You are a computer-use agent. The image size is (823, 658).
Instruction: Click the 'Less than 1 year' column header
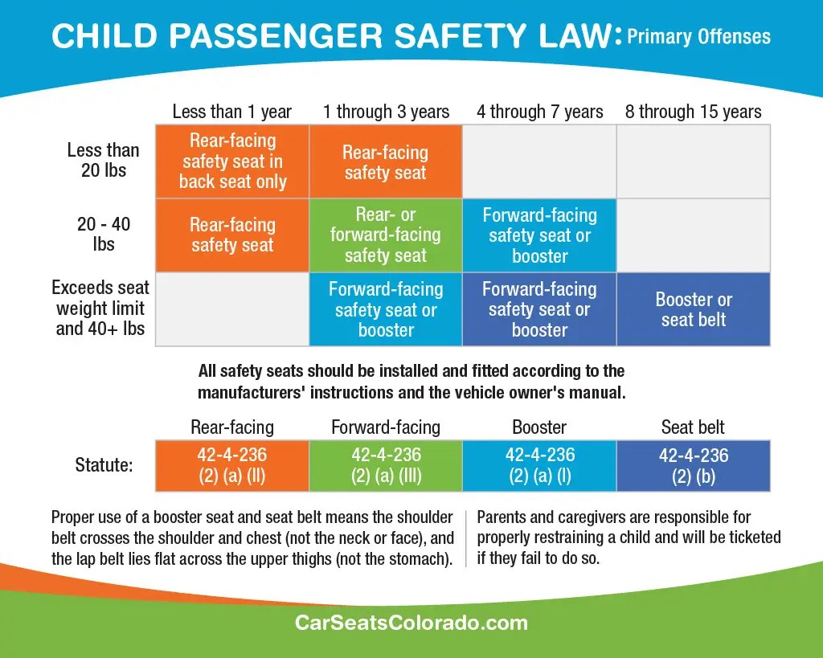tap(232, 112)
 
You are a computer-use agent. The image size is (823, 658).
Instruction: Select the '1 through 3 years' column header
tap(387, 112)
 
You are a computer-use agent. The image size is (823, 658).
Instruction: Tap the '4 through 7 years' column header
tap(540, 112)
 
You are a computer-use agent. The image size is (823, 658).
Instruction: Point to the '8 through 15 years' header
tap(694, 112)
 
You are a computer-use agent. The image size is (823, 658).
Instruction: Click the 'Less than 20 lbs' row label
tap(104, 160)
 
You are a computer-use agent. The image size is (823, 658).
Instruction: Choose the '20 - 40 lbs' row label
tap(104, 234)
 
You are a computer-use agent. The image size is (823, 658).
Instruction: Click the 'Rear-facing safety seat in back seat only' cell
tap(232, 161)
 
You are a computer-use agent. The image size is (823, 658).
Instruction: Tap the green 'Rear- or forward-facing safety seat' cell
tap(386, 235)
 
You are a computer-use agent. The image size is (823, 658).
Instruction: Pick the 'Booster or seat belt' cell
tap(694, 309)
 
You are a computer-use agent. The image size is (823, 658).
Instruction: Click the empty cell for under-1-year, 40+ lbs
tap(232, 309)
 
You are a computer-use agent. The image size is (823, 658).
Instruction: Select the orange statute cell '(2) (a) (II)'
tap(232, 466)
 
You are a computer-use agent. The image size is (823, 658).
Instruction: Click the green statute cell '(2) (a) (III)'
tap(386, 466)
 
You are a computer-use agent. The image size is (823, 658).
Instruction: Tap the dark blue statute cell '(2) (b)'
tap(694, 466)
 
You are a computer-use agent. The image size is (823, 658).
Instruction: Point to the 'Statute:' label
tap(104, 465)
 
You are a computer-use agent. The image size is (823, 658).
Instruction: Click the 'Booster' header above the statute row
tap(539, 427)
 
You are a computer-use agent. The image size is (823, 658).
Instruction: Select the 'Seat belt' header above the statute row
tap(693, 427)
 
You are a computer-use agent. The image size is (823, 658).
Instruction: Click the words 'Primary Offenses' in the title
tap(699, 37)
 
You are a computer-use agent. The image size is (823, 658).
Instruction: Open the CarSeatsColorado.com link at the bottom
tap(411, 623)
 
